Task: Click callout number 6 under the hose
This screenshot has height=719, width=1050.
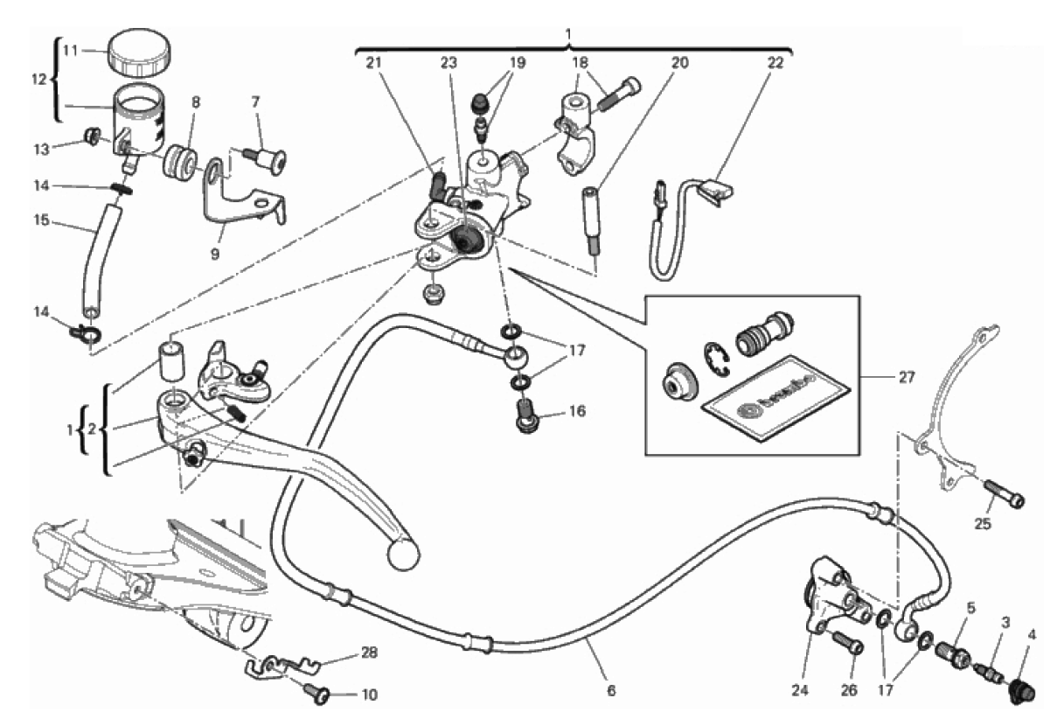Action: (610, 690)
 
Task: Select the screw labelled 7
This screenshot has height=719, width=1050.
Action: (268, 160)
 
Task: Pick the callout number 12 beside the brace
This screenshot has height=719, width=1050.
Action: (37, 80)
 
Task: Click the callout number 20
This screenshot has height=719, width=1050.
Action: (680, 63)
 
